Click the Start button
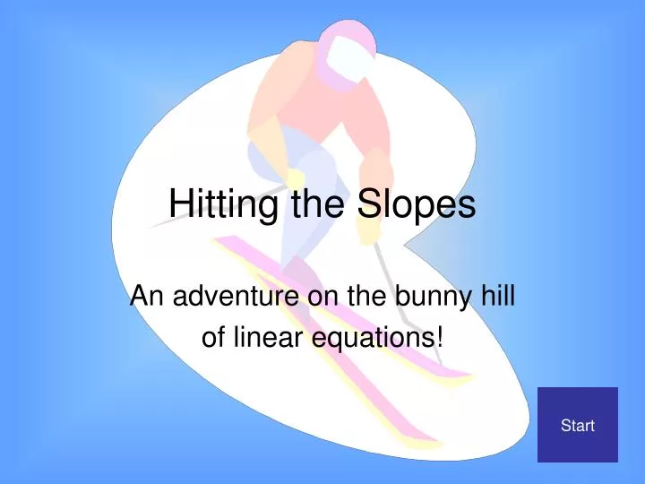(577, 425)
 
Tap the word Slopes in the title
(417, 205)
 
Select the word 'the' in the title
(319, 205)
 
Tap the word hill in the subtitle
(495, 295)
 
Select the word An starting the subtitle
(143, 295)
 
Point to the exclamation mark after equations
(438, 338)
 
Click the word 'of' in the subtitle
(212, 338)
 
